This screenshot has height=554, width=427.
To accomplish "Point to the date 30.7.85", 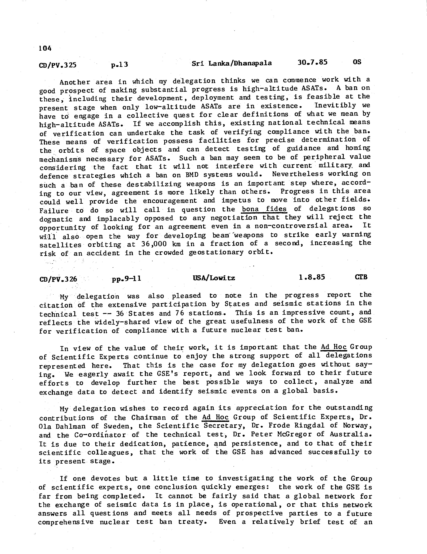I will tap(313, 62).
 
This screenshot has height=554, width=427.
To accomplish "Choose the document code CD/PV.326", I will tap(58, 279).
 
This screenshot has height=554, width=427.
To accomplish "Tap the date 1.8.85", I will tap(311, 277).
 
